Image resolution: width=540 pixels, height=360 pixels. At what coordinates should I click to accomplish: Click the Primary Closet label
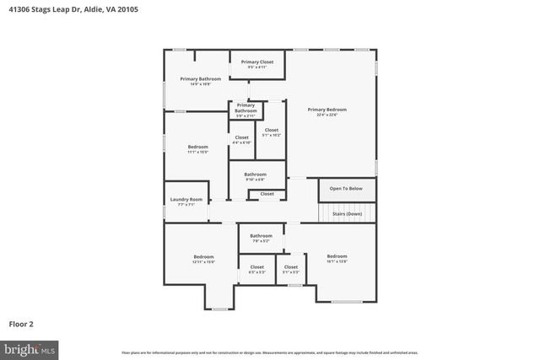click(x=256, y=62)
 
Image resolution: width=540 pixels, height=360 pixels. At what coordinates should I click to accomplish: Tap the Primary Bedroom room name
click(x=327, y=110)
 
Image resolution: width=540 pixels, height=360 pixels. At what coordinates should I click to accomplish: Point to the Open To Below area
click(x=346, y=189)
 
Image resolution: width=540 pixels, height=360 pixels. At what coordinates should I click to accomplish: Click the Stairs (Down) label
click(x=346, y=214)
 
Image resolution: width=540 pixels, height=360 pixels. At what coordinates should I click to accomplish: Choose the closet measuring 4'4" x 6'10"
click(x=241, y=138)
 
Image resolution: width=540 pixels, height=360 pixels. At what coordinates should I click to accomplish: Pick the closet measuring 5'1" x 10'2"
click(x=271, y=132)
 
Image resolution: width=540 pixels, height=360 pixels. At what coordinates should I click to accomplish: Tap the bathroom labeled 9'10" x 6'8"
click(x=255, y=175)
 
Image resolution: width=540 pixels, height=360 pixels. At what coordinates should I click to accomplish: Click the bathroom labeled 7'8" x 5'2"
click(x=261, y=237)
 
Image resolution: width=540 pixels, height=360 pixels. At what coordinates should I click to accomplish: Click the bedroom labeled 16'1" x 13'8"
click(x=337, y=257)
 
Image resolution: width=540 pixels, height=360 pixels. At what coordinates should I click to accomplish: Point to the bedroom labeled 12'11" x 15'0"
click(x=203, y=258)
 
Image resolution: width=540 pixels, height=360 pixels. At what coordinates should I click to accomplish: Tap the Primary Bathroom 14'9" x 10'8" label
click(x=195, y=80)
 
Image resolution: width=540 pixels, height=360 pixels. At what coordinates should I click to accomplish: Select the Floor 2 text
click(x=21, y=323)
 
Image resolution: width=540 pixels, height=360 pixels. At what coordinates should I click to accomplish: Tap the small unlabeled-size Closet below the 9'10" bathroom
click(x=267, y=194)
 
